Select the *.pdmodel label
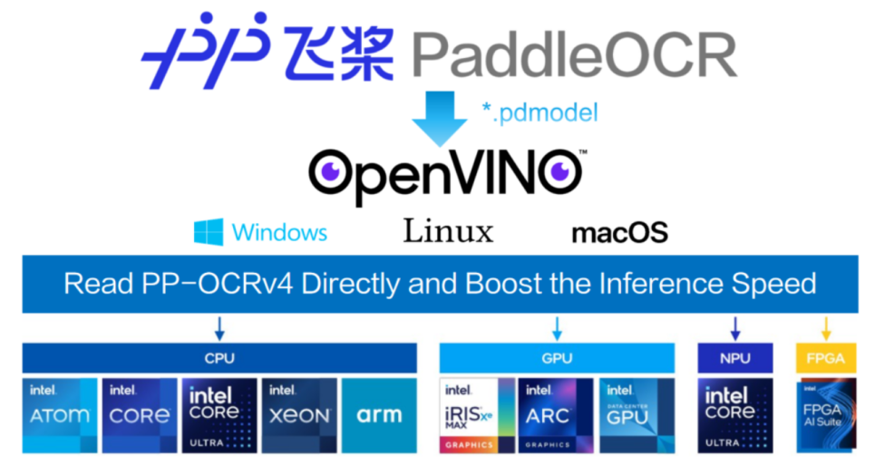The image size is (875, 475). pos(540,113)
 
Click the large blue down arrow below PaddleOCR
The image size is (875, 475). pos(440,117)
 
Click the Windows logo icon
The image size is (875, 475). pos(208,232)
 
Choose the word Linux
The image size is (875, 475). pos(448,231)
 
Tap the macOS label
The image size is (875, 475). pos(619,233)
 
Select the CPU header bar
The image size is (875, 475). pos(219,358)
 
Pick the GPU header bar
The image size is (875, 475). pos(557,358)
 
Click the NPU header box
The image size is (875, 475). pos(734,358)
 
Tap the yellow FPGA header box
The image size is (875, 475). pos(825,358)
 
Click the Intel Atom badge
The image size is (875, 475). pos(60,416)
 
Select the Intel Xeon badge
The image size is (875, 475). pos(298,416)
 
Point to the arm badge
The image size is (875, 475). pos(379,416)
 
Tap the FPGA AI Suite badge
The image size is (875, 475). pos(825,416)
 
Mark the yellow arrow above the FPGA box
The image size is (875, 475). pos(826,327)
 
